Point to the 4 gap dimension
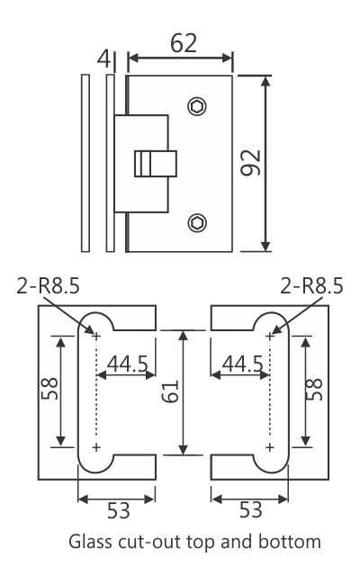104,59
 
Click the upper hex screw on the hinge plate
196,107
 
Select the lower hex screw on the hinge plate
196,220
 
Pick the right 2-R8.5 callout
311,286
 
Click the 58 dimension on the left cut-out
49,389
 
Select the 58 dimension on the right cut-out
314,389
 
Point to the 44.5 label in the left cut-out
128,364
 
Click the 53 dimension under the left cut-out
118,510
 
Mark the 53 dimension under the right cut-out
250,510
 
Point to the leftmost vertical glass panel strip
85,163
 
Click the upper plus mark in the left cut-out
96,336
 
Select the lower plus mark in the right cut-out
270,446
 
